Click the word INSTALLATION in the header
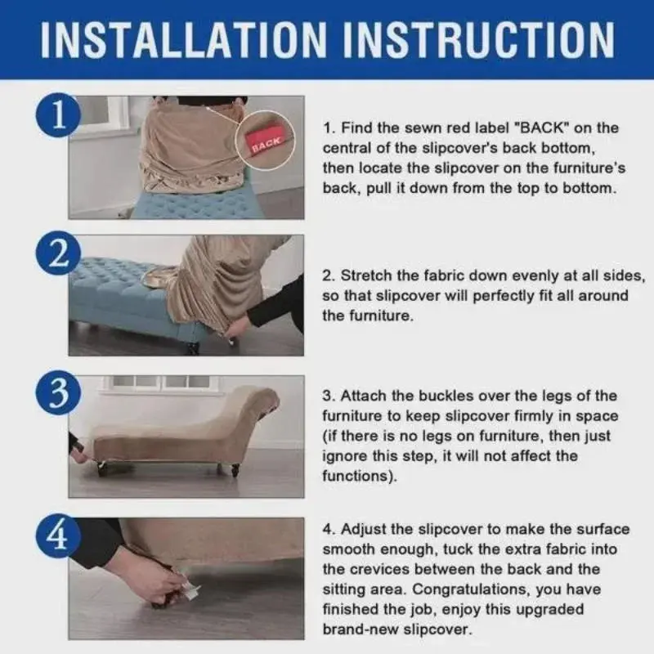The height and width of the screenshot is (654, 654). (x=183, y=39)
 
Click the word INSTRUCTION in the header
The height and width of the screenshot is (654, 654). (x=479, y=39)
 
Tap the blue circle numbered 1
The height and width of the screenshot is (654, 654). (x=57, y=115)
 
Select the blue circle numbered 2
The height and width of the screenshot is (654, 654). (x=57, y=253)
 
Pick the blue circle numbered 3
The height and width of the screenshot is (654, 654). (x=57, y=392)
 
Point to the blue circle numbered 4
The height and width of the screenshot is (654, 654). (x=57, y=536)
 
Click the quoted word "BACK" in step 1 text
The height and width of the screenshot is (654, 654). (x=540, y=128)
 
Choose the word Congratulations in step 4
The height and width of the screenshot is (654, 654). (x=471, y=589)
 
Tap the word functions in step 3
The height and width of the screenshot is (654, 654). (x=356, y=476)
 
